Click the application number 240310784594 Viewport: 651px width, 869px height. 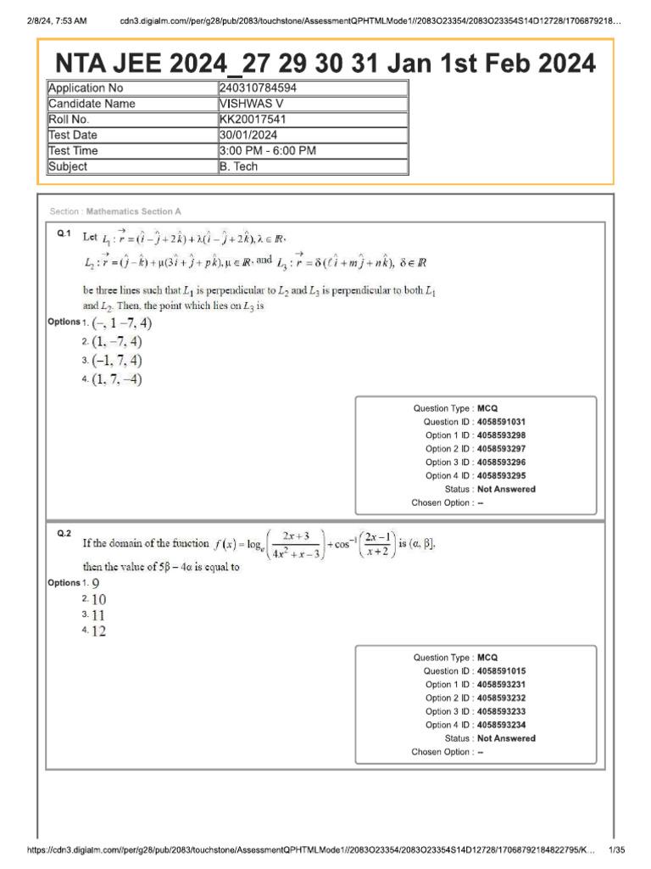[258, 88]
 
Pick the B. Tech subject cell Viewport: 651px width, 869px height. [238, 166]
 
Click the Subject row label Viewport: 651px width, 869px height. [68, 166]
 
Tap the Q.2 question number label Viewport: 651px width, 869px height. [64, 533]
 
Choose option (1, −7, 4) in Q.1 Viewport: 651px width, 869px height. [117, 342]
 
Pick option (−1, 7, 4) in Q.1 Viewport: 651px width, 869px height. [117, 361]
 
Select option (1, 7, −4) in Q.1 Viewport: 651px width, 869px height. [117, 379]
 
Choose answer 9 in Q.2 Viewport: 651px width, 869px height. [96, 583]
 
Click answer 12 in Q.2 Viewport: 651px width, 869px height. [98, 631]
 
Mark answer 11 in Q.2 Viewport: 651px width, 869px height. [98, 614]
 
